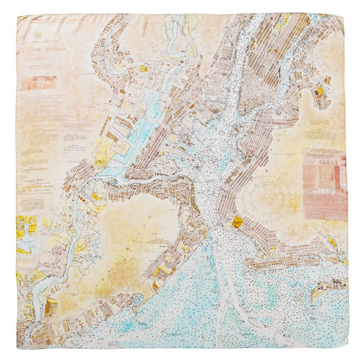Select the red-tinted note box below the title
coord(38,83)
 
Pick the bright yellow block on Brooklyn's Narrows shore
coord(237,220)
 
